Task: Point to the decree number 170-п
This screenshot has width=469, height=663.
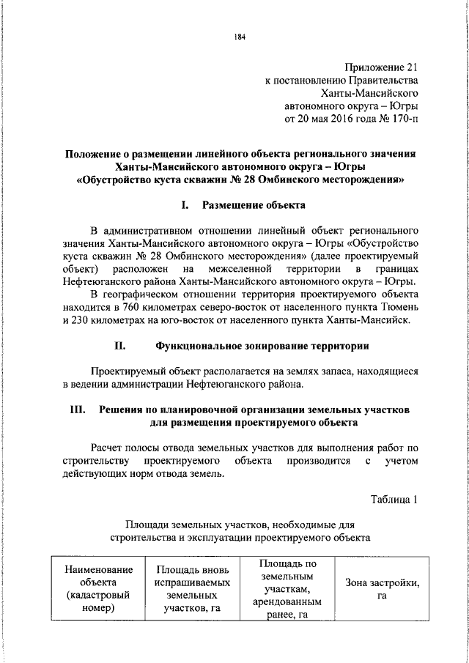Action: click(x=405, y=119)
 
